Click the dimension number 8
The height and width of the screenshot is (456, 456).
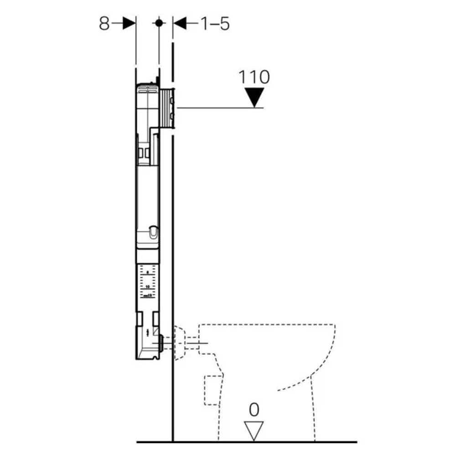[x=104, y=24]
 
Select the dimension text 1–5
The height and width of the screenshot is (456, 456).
[x=214, y=24]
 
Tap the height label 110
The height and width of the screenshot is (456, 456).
[x=254, y=78]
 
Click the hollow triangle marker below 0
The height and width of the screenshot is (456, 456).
[x=254, y=430]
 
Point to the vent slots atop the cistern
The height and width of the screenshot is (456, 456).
[x=147, y=85]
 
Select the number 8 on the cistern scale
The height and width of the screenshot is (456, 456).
[x=147, y=272]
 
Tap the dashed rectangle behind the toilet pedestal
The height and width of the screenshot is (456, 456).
[x=210, y=390]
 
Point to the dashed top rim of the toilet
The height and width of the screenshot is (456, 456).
[x=269, y=325]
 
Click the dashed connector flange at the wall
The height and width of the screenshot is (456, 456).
[x=182, y=342]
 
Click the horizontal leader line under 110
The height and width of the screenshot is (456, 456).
[x=219, y=108]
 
